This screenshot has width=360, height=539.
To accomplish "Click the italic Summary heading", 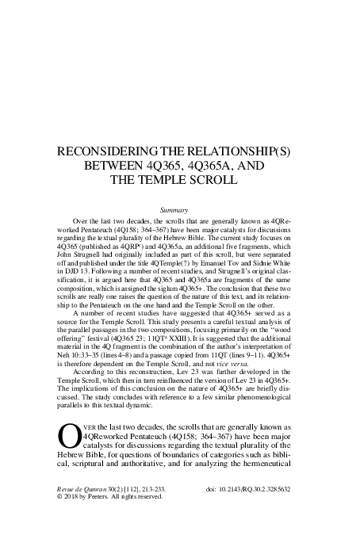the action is [x=173, y=209].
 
